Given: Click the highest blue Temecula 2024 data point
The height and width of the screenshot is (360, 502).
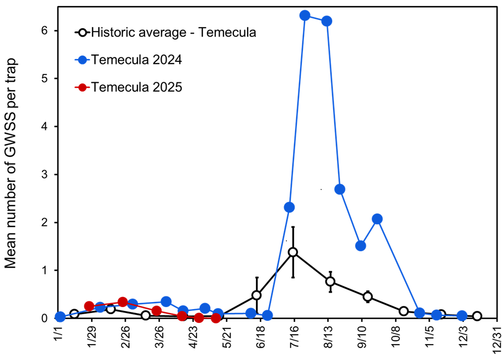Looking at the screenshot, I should click(305, 15).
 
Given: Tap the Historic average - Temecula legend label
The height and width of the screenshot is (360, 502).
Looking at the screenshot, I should click(173, 32).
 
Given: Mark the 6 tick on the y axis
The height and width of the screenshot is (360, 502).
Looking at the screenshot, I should click(49, 31).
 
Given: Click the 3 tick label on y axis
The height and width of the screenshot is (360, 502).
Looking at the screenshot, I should click(49, 174).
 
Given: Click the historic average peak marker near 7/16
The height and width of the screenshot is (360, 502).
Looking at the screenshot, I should click(293, 252).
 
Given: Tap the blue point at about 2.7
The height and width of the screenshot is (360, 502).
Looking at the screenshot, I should click(340, 189).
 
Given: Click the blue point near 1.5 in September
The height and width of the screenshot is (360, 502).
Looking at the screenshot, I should click(361, 246).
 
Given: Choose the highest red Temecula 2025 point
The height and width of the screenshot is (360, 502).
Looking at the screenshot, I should click(123, 302).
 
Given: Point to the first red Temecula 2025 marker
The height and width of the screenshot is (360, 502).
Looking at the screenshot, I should click(89, 306).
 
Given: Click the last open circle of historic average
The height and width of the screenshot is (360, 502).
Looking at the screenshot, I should click(477, 316).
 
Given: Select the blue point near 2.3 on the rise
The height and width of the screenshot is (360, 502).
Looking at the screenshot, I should click(289, 208).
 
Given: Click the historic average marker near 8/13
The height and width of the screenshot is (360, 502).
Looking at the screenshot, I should click(330, 282).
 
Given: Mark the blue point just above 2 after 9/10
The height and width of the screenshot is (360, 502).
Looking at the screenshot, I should click(377, 219).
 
